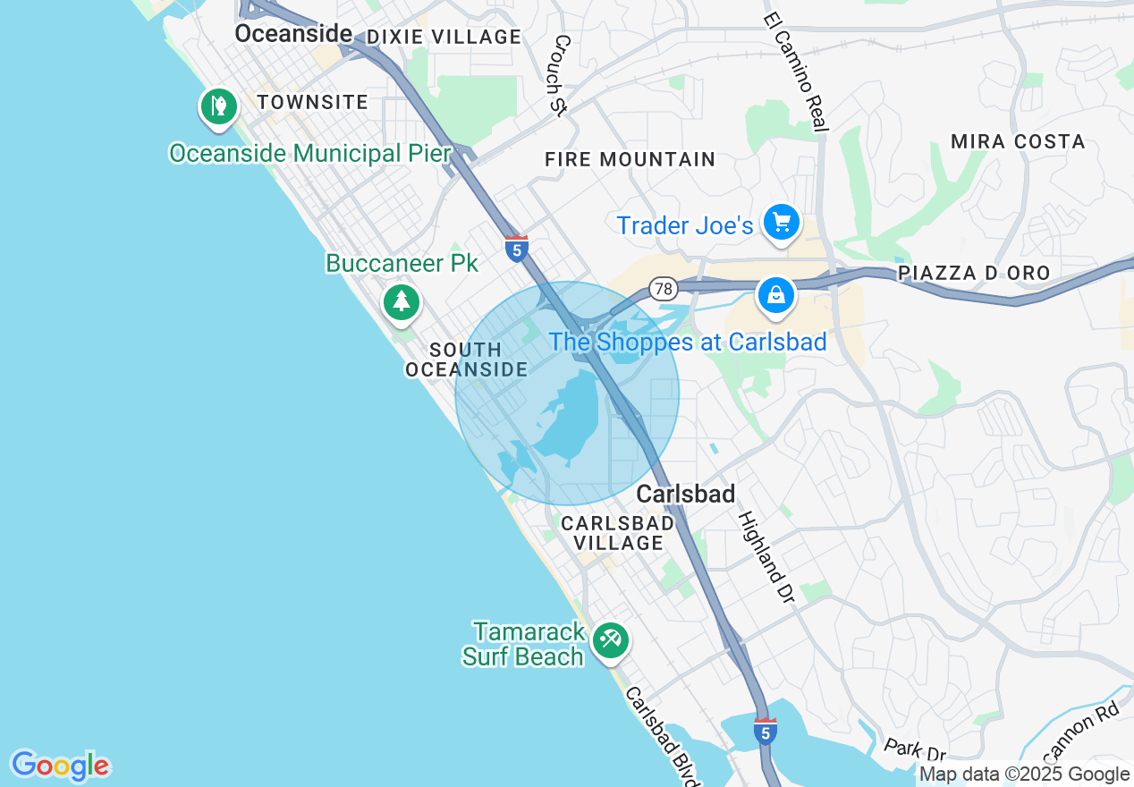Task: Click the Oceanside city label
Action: click(x=293, y=34)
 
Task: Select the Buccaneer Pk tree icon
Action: click(x=402, y=301)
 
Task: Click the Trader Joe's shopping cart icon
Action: click(x=782, y=221)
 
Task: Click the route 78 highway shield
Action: click(x=663, y=289)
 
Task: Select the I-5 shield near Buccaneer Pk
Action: click(x=516, y=248)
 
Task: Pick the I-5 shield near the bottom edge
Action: click(x=764, y=731)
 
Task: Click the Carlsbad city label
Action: click(x=686, y=494)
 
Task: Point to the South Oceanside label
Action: click(x=466, y=360)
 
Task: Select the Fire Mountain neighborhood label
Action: click(x=630, y=160)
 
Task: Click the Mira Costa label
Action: click(x=1018, y=141)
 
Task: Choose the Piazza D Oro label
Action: click(x=974, y=273)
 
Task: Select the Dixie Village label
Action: click(x=444, y=37)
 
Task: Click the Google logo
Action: click(x=60, y=766)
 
